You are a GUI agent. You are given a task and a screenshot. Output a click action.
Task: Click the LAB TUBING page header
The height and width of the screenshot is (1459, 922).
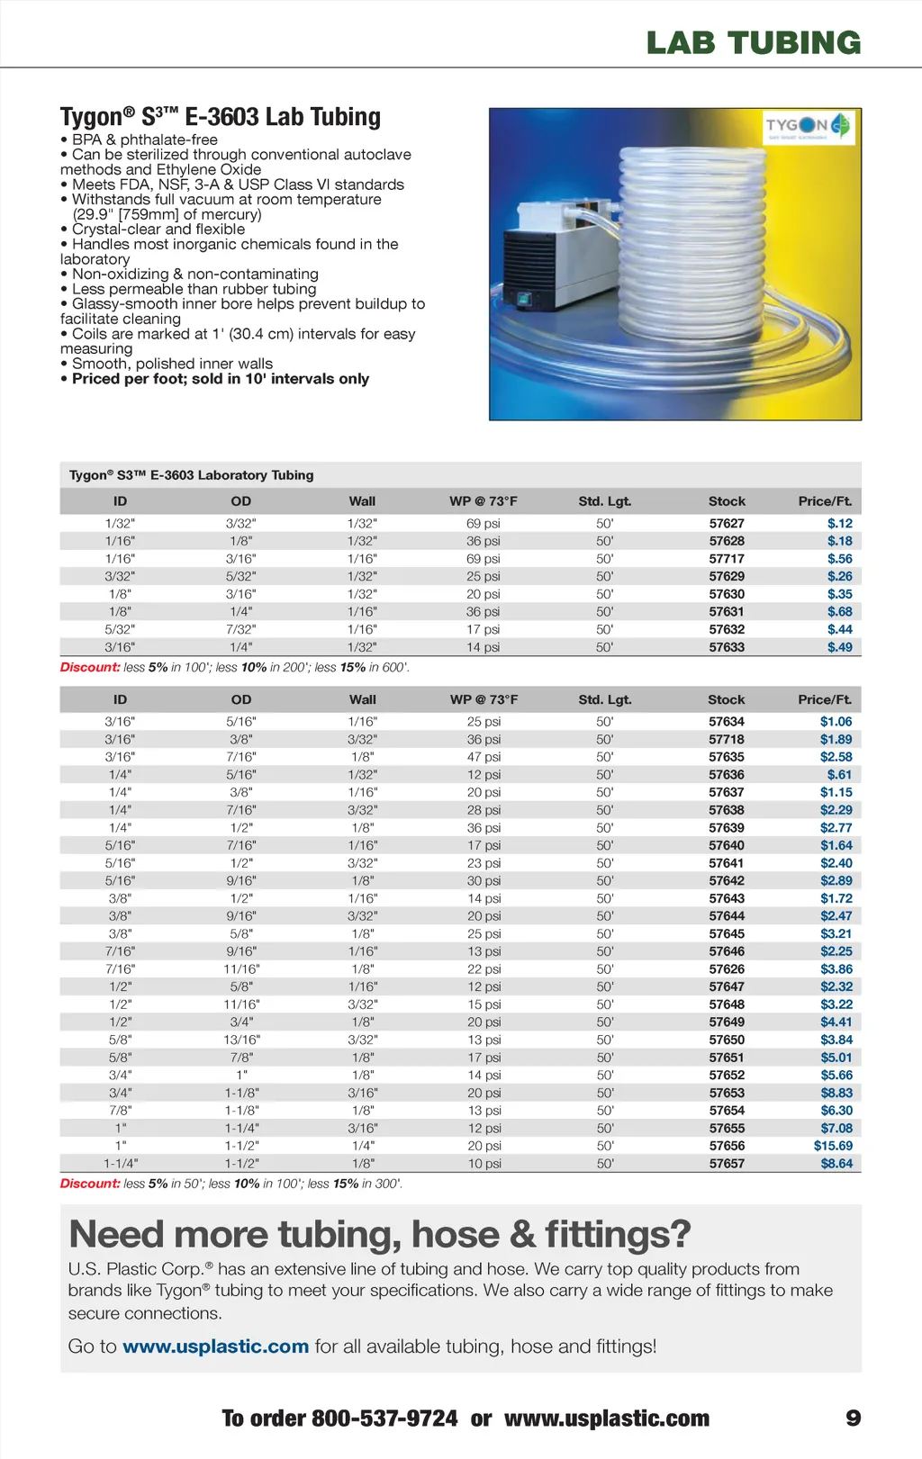(x=754, y=42)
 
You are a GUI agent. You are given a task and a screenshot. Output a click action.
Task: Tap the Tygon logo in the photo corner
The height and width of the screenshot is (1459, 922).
(x=808, y=126)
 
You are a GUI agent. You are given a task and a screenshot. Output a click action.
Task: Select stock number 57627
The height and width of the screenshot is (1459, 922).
(x=727, y=523)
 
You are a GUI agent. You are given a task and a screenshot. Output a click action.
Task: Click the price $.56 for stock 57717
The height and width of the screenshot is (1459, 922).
(x=839, y=558)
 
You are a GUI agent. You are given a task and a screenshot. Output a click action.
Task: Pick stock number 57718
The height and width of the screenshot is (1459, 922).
(x=727, y=739)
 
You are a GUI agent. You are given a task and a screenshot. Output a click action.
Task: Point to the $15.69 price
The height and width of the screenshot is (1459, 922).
(x=833, y=1146)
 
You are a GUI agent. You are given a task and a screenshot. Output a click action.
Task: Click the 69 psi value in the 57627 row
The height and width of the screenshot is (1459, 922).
(x=484, y=523)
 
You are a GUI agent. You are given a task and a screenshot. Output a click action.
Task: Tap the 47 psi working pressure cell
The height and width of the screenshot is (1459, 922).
(x=484, y=757)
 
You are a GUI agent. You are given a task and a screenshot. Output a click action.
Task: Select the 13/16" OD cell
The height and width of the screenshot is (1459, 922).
(x=241, y=1040)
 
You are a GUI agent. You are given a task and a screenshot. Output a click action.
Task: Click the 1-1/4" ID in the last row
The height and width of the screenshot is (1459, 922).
(x=121, y=1163)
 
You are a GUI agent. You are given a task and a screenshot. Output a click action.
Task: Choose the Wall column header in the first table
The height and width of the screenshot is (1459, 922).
(x=362, y=501)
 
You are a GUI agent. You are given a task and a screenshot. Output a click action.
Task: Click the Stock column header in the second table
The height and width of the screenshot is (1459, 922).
(x=727, y=699)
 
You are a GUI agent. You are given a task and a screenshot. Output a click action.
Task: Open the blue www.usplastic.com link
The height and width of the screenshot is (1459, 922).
(x=215, y=1346)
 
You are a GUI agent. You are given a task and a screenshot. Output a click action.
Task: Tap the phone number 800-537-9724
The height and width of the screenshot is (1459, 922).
(x=384, y=1418)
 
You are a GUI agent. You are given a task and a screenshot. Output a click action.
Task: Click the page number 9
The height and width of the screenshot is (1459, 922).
(x=853, y=1418)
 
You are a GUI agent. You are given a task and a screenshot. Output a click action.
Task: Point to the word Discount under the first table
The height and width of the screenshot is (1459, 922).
(x=90, y=667)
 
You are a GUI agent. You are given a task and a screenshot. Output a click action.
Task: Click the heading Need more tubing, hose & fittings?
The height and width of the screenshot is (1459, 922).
(x=379, y=1234)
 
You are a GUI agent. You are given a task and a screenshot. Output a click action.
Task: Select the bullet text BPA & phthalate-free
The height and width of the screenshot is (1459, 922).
(x=144, y=140)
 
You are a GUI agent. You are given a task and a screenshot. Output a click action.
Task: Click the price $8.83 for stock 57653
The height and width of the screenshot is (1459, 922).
(x=836, y=1093)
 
